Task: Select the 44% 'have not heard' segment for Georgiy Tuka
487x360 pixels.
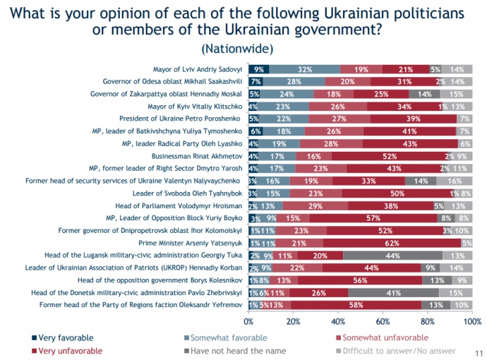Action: pyautogui.click(x=392, y=255)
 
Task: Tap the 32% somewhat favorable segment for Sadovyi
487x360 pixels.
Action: pyautogui.click(x=305, y=69)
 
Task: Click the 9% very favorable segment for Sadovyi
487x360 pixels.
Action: pyautogui.click(x=259, y=69)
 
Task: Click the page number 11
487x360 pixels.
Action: pyautogui.click(x=480, y=352)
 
